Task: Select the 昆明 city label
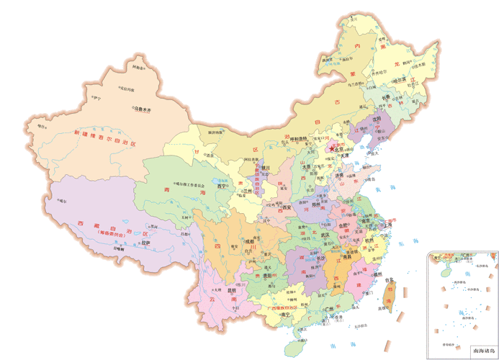pos(230,291)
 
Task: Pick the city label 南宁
pos(286,315)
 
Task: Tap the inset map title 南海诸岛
pos(482,351)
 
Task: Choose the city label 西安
pos(288,207)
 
